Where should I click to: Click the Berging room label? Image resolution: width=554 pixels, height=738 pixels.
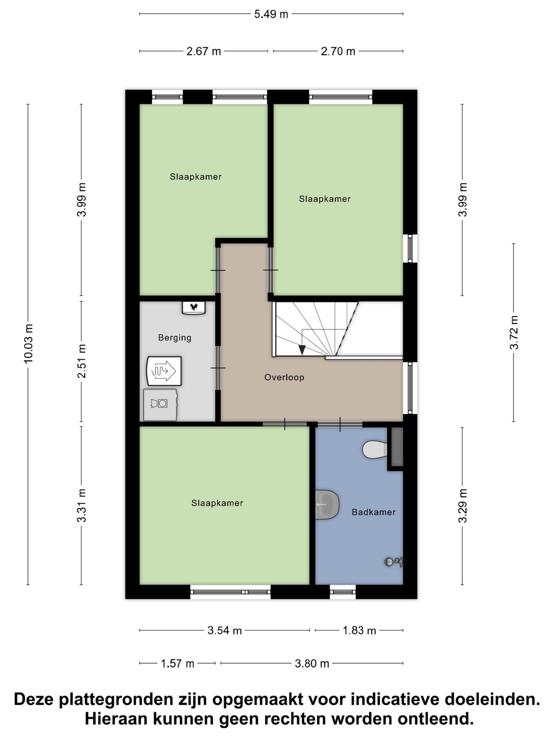(175, 338)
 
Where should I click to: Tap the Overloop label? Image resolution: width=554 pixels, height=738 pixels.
(284, 377)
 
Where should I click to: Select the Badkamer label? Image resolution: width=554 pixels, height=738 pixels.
(374, 512)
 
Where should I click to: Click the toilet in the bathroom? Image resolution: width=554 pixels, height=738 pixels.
(375, 449)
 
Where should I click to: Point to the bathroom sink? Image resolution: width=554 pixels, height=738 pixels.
(327, 504)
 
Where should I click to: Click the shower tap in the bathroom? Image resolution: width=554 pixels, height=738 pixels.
(393, 561)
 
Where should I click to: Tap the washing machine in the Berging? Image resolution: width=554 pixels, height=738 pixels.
(161, 405)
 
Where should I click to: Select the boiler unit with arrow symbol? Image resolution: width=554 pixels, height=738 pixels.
(164, 371)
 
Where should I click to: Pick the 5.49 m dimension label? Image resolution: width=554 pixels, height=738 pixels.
(271, 14)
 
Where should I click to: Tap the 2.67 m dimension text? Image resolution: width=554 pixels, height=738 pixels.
(204, 52)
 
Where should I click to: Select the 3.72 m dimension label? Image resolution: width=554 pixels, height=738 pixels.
(514, 333)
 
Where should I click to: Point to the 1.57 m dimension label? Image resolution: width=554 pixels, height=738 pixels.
(177, 663)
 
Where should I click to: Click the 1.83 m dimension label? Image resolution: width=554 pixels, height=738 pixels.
(359, 630)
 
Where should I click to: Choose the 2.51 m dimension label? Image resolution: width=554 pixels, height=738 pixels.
(82, 361)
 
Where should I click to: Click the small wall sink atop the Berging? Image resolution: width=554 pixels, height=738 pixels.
(194, 308)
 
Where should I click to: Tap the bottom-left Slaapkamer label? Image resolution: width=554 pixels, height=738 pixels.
(217, 503)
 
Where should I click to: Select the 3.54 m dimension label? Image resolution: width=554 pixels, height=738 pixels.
(224, 630)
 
